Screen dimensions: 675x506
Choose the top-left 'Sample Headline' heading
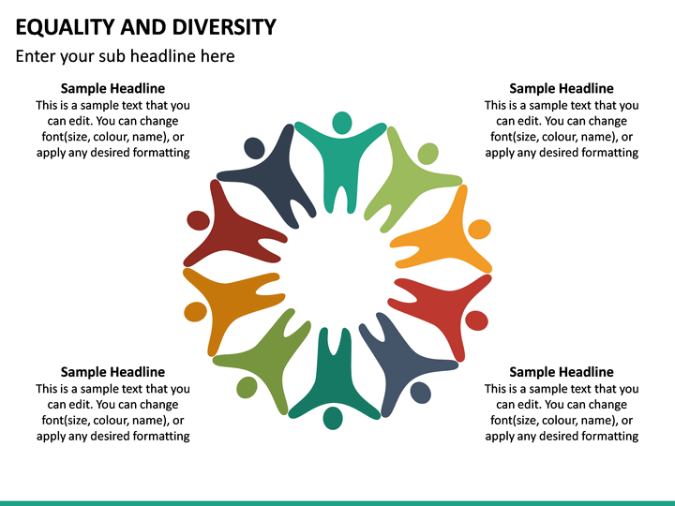(x=112, y=89)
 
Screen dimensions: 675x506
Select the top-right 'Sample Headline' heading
(x=561, y=89)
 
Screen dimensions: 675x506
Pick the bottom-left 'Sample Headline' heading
(x=112, y=372)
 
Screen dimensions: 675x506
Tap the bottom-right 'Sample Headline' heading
(x=561, y=372)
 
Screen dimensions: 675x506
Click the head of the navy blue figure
(x=254, y=147)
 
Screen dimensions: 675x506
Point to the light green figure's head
(x=427, y=154)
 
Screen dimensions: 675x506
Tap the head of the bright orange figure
(x=479, y=229)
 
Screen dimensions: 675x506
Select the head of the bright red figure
(x=476, y=320)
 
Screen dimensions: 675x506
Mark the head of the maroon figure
(x=198, y=220)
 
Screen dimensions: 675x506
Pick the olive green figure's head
(x=247, y=386)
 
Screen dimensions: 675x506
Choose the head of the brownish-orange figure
(x=195, y=311)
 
